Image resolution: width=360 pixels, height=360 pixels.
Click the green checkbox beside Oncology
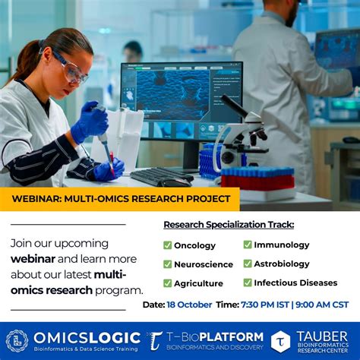click(x=168, y=245)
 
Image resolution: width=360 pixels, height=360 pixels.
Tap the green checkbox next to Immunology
click(x=248, y=245)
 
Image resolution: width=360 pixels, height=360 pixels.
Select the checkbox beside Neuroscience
click(x=168, y=264)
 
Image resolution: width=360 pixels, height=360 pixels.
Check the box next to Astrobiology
click(x=248, y=264)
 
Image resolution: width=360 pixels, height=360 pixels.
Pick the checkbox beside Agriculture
click(x=168, y=283)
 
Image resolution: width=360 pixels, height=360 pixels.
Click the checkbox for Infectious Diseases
click(x=248, y=283)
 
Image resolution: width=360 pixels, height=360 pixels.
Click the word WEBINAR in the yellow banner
click(x=35, y=199)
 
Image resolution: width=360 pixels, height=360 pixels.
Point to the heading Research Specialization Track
click(x=229, y=225)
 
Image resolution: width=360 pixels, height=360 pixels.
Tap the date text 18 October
click(x=188, y=305)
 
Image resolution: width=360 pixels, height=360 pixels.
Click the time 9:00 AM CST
click(x=322, y=305)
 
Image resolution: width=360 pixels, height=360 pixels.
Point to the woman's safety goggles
click(x=73, y=71)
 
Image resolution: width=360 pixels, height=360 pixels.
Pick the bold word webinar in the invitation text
click(x=33, y=259)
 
